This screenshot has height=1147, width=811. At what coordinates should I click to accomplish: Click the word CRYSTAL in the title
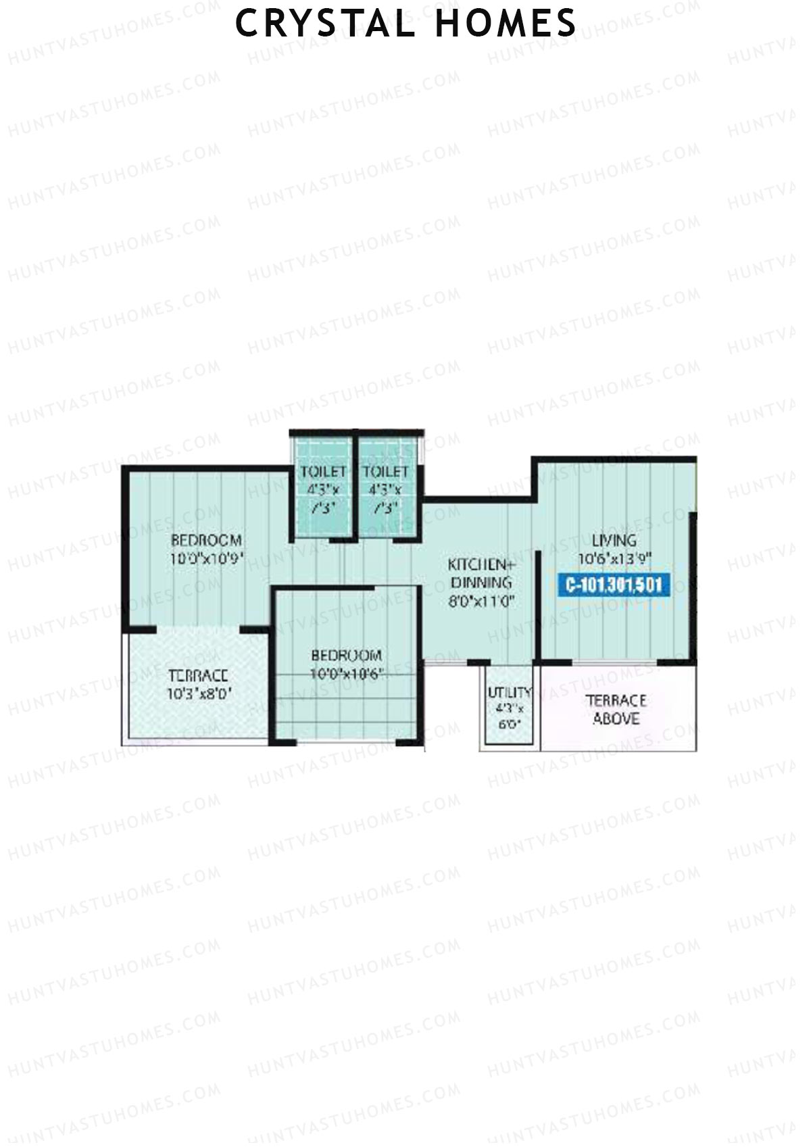tap(324, 23)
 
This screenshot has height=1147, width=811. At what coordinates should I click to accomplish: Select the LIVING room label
tap(614, 540)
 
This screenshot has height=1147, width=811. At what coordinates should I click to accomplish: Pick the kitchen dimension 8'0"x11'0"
tap(481, 601)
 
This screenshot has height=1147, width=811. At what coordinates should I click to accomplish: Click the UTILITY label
tap(510, 692)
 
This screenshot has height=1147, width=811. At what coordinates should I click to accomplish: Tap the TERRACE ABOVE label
tap(616, 709)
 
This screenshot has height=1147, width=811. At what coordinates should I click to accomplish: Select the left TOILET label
tap(323, 471)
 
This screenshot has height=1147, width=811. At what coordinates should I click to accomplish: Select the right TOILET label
tap(385, 471)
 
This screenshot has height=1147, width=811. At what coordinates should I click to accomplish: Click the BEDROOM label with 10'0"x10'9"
tap(206, 540)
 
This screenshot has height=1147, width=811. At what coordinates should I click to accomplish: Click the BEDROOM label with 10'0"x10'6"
tap(346, 655)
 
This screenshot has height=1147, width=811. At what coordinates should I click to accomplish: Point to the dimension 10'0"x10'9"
tap(206, 559)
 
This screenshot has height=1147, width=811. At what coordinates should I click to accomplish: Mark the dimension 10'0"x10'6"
tap(346, 674)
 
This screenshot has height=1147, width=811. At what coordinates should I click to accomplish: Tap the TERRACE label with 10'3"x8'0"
tap(197, 675)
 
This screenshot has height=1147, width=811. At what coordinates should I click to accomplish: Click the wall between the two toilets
tap(355, 483)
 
